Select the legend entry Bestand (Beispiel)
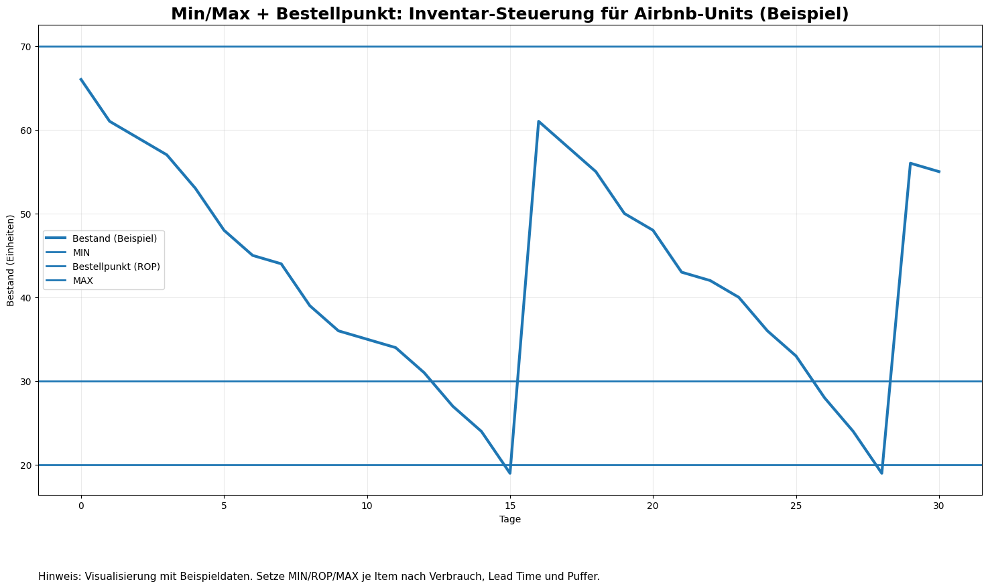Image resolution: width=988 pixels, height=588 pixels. point(115,238)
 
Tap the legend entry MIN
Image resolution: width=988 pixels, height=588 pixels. point(81,252)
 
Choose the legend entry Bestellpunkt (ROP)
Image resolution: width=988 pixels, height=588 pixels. point(116,267)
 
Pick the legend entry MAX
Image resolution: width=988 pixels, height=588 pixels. point(83,281)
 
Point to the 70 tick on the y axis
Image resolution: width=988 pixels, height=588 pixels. point(25,47)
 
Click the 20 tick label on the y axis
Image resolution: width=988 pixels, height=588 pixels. point(25,465)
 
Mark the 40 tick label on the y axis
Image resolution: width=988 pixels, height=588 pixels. point(25,298)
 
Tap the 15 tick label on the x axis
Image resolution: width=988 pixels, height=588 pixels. point(510,505)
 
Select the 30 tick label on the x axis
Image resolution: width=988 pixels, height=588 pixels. point(938,505)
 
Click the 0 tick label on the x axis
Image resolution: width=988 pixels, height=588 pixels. point(81,505)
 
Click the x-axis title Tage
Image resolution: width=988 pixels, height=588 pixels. point(510,519)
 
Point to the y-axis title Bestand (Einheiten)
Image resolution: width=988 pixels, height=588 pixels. point(11,261)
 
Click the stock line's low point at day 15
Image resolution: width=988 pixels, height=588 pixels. point(510,473)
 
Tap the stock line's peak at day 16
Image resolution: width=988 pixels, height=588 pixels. point(538,121)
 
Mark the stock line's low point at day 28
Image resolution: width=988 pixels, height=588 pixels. point(881,473)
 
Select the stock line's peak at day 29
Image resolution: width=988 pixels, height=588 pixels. point(910,163)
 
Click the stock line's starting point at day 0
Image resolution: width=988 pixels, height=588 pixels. point(81,79)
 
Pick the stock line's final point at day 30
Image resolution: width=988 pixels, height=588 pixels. point(938,171)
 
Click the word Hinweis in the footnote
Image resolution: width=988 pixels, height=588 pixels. point(60,577)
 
